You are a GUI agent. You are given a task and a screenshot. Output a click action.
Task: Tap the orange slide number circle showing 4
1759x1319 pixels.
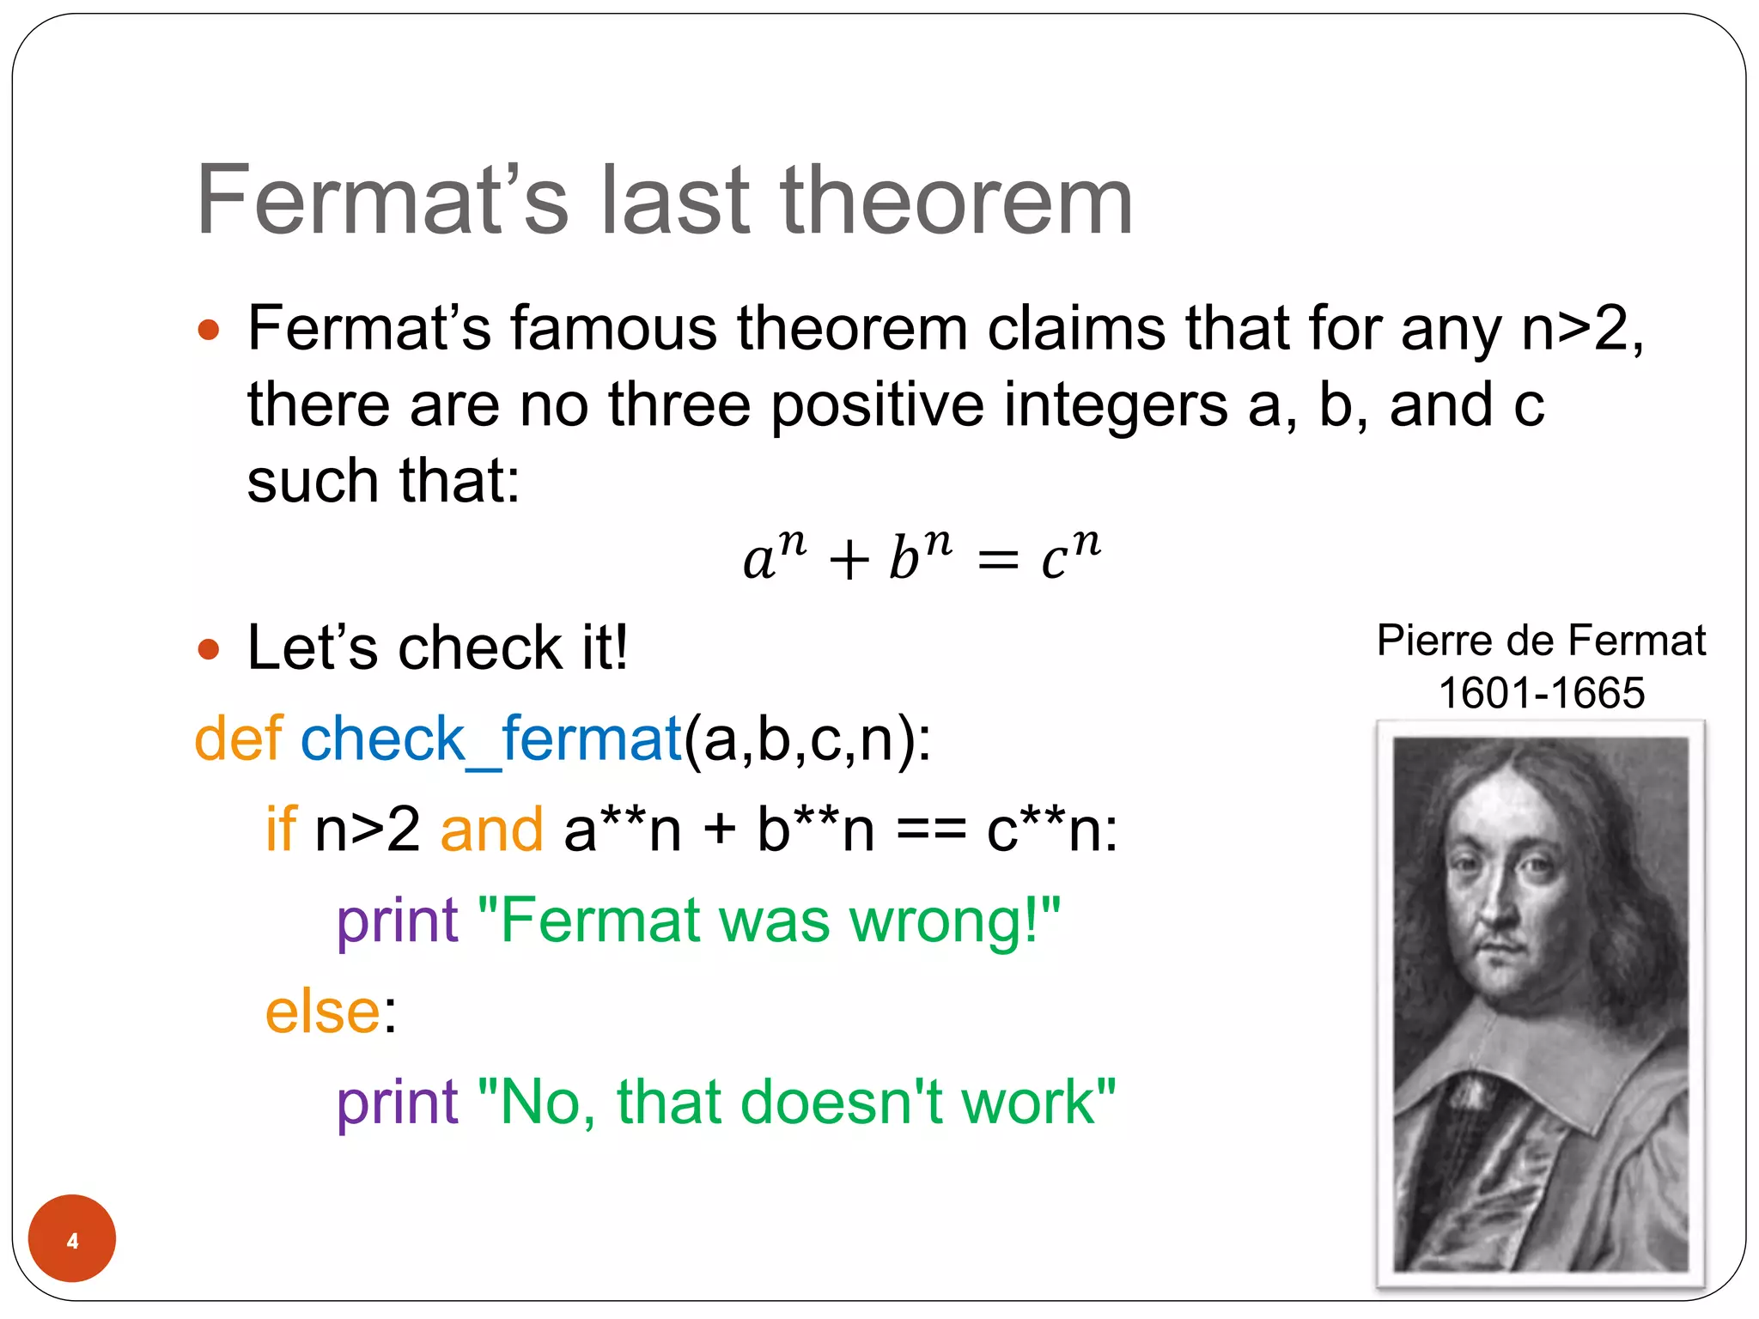coord(72,1238)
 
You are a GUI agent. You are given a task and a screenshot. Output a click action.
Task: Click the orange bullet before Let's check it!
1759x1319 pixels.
coord(209,649)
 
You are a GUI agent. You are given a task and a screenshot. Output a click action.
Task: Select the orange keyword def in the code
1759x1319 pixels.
coord(238,739)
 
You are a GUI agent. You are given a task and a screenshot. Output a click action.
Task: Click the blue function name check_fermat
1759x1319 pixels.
coord(490,739)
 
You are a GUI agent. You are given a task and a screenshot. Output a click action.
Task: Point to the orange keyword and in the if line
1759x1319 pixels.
coord(491,830)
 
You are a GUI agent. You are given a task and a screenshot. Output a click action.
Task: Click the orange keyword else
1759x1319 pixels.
coord(323,1012)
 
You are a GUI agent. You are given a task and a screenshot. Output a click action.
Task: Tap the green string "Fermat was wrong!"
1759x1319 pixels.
coord(769,921)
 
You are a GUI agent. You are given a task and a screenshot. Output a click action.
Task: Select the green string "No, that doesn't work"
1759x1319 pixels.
coord(796,1103)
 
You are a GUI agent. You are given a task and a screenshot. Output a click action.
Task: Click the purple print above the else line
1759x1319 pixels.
coord(398,921)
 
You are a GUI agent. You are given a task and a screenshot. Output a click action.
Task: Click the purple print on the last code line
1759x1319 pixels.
coord(398,1103)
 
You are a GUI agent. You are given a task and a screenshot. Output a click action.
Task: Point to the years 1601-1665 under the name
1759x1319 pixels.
coord(1542,693)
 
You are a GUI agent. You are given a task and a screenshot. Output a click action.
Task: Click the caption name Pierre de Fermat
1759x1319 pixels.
coord(1542,641)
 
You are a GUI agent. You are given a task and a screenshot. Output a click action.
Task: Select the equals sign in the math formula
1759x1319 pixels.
coord(998,562)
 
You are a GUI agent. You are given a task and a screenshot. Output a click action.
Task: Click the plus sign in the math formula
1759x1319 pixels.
coord(849,562)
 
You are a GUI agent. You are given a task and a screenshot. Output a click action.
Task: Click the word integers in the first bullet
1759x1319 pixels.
coord(1116,405)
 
